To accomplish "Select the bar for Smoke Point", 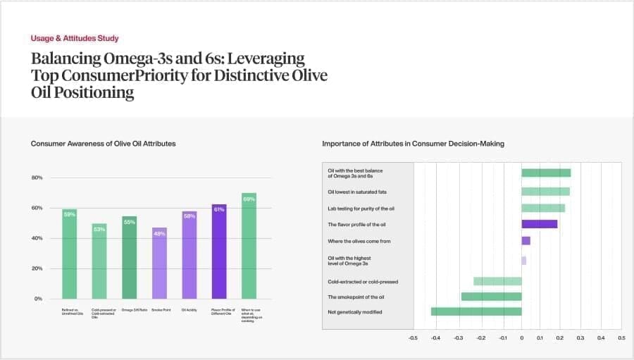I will click(159, 263).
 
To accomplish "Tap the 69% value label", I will click(249, 199).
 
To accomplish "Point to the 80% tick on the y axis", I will click(37, 178).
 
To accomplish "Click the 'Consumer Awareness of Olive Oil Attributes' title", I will click(103, 144).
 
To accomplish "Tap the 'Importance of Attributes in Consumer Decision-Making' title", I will click(413, 144).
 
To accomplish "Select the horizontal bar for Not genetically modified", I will click(476, 311).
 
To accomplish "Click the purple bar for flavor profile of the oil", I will click(539, 224).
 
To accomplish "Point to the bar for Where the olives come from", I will click(526, 241).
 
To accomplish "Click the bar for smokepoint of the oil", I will click(491, 297).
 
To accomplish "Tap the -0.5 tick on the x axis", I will click(414, 338).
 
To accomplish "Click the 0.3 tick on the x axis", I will click(580, 338).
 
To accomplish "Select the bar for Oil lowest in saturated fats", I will click(545, 191).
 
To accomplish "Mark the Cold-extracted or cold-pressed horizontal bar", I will click(497, 281).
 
